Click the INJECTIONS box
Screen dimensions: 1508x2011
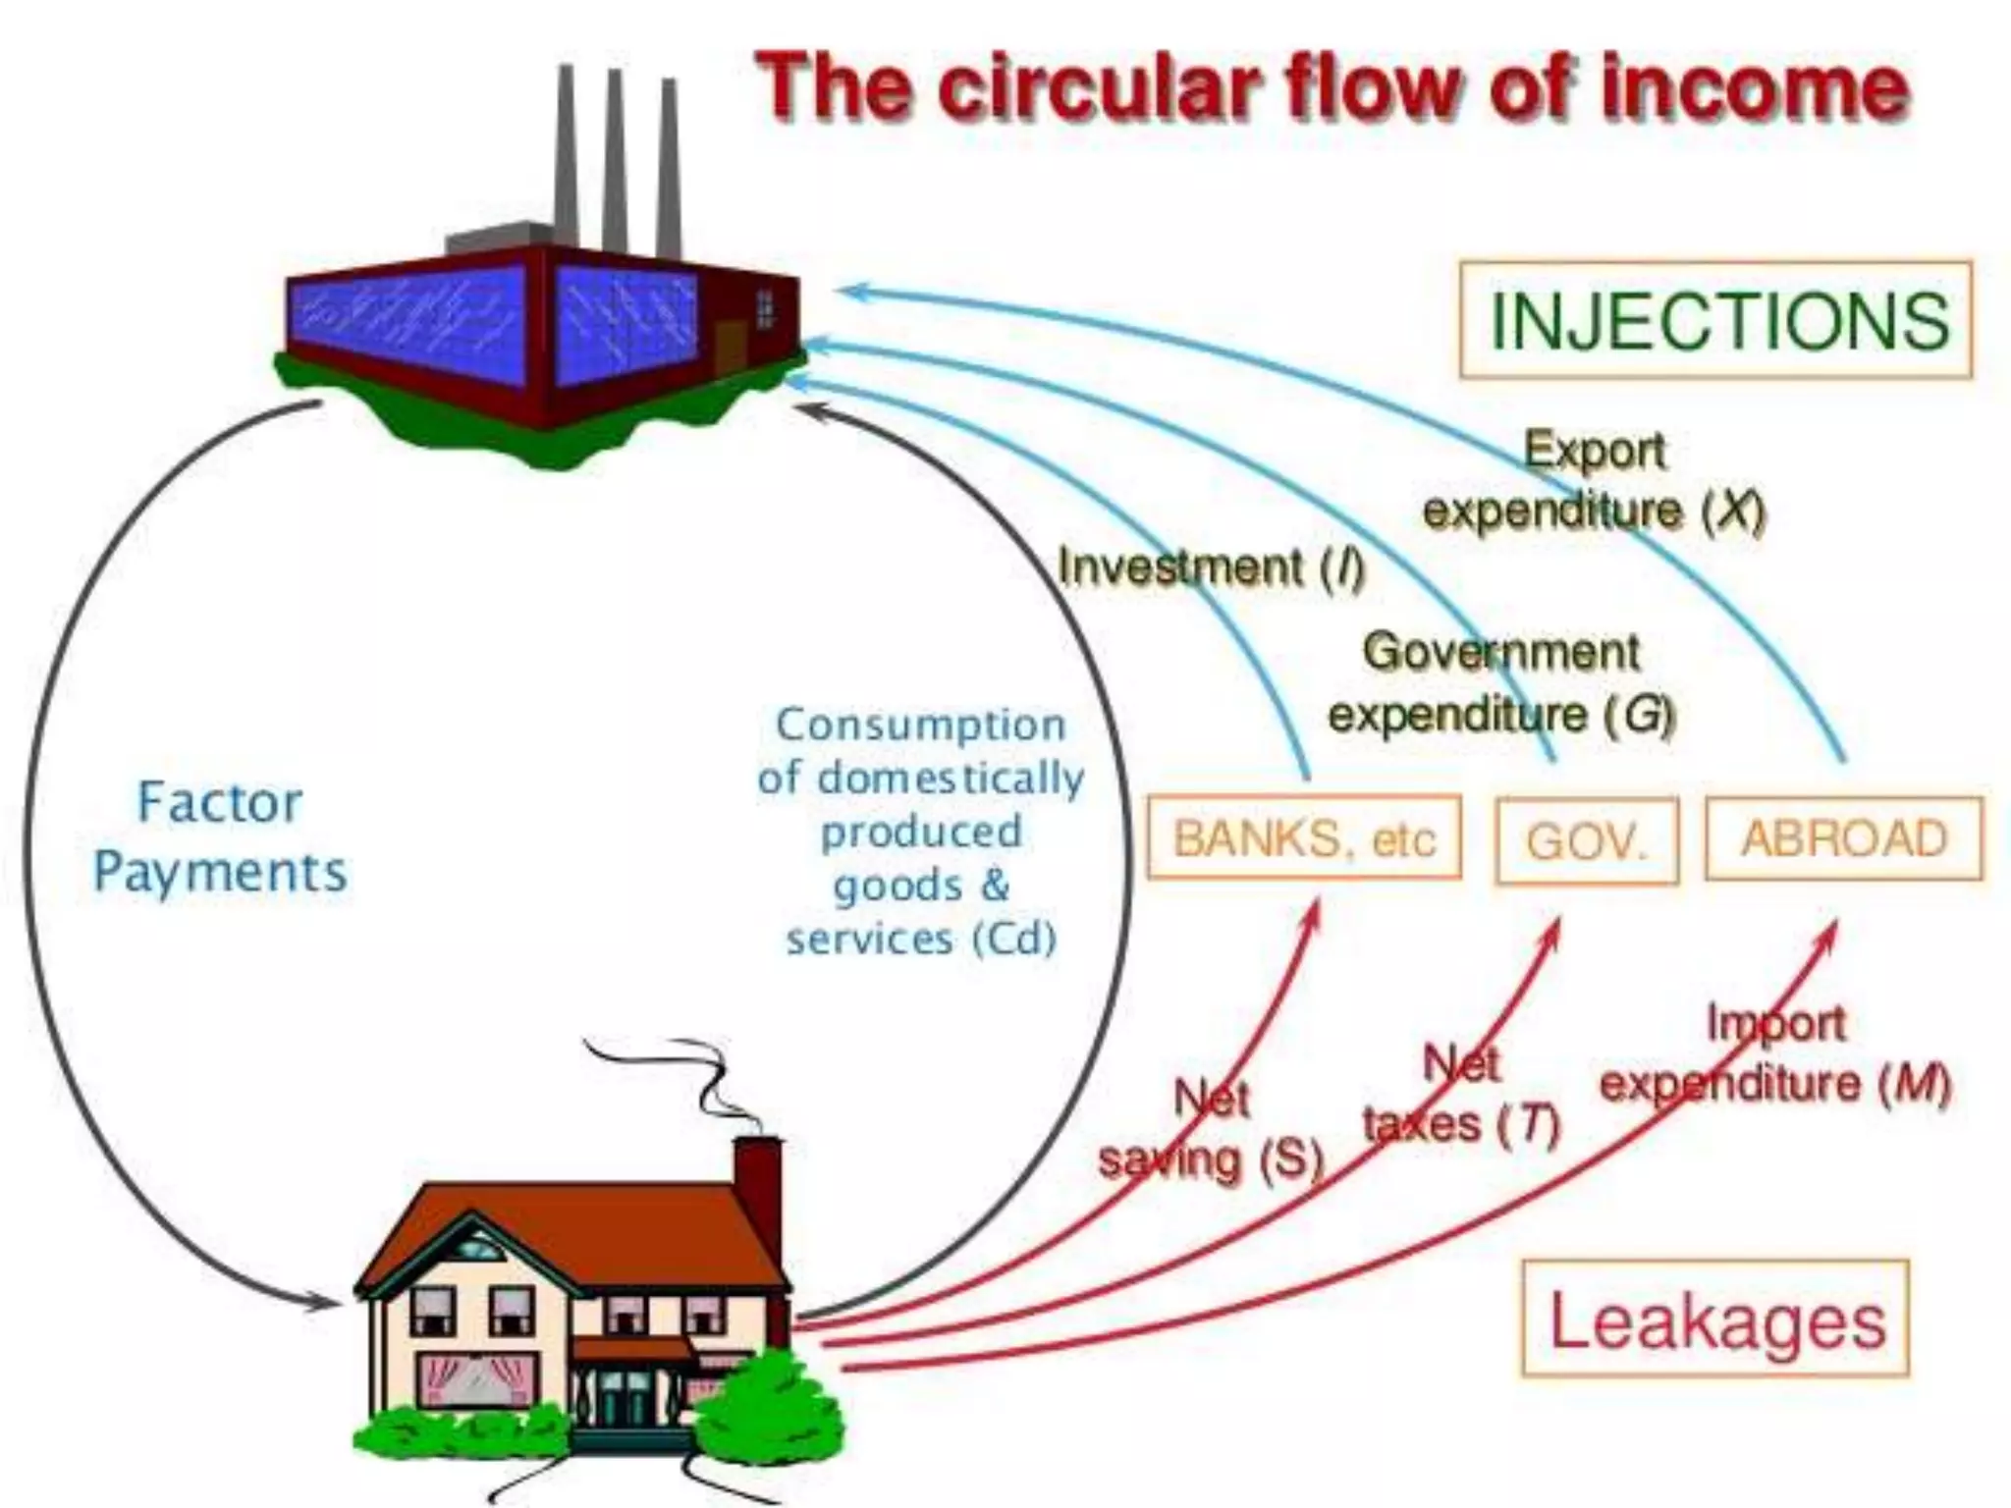click(x=1715, y=320)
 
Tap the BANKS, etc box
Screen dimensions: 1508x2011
click(x=1304, y=838)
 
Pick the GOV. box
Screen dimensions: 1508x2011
click(x=1587, y=841)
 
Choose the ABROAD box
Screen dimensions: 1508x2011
click(x=1844, y=838)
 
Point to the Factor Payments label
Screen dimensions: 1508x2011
click(x=220, y=837)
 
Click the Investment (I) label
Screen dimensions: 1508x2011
click(x=1211, y=567)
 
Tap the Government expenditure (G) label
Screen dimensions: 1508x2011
click(x=1500, y=682)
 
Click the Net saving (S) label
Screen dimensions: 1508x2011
click(x=1211, y=1129)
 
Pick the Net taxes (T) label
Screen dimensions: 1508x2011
click(x=1461, y=1094)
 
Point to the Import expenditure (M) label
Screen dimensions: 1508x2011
click(x=1774, y=1053)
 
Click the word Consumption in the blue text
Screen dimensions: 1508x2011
click(x=920, y=725)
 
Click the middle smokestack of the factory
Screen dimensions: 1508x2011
click(x=616, y=157)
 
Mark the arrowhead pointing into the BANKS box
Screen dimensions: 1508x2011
click(x=1314, y=915)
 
